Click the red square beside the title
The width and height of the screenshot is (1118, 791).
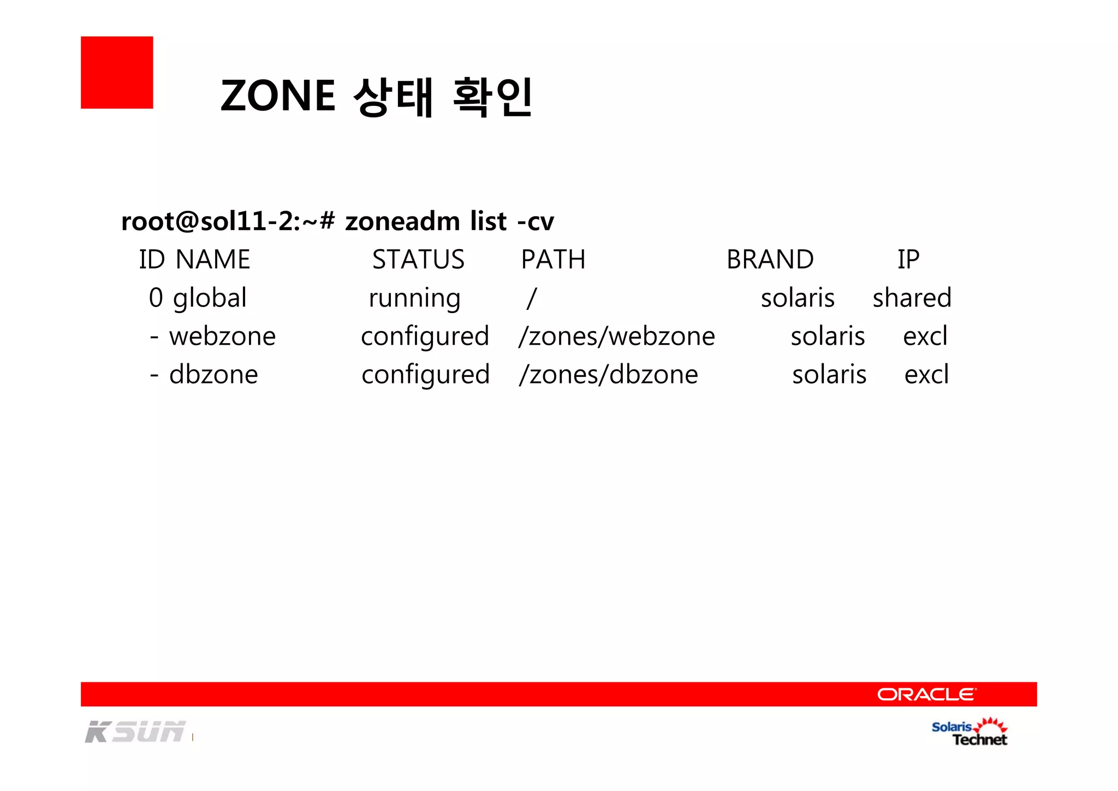pos(117,73)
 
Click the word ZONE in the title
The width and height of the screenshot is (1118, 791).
pos(278,96)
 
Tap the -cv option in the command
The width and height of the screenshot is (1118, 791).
pos(536,222)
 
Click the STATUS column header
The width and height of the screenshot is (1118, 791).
pos(418,259)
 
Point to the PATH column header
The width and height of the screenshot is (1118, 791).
pos(553,259)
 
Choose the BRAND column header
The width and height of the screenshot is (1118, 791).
pos(770,259)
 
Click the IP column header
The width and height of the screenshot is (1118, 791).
pos(908,259)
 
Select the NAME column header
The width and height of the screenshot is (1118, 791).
pos(213,259)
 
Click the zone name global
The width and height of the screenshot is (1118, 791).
pos(210,298)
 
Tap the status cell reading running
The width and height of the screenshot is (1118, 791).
pos(414,298)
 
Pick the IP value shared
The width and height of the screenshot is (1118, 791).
pos(912,298)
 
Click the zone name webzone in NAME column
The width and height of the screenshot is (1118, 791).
pos(223,337)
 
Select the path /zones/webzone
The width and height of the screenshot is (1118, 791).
pos(617,337)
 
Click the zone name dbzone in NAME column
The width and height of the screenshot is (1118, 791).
pos(213,375)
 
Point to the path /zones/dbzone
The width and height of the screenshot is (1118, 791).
pos(609,375)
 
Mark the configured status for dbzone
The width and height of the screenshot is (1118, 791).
pos(426,375)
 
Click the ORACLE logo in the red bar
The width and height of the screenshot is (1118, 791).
pos(926,694)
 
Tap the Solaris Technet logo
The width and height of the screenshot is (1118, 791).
pos(970,733)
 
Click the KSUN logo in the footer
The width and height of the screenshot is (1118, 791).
pos(135,732)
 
